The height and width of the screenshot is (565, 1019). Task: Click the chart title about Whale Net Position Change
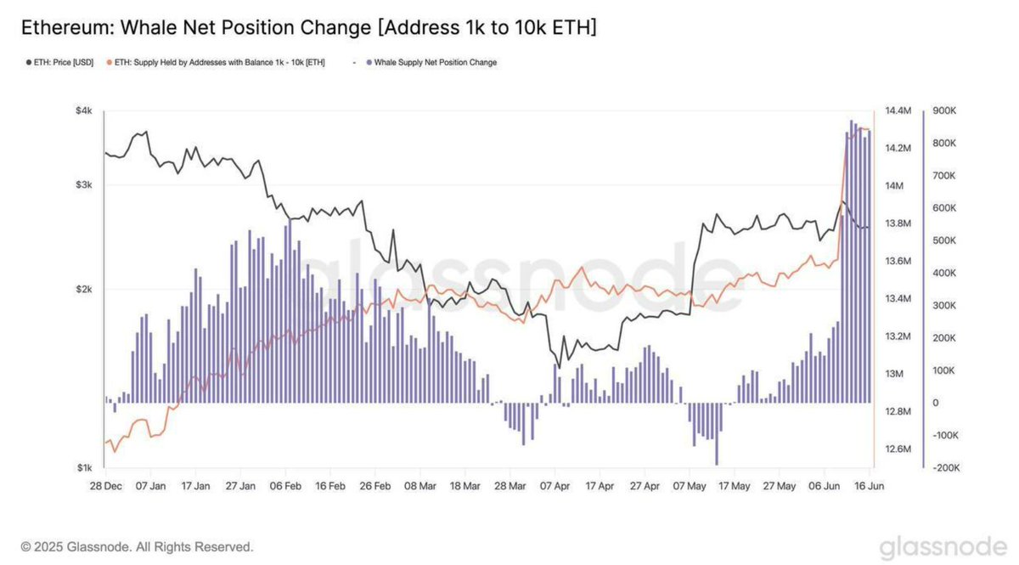[x=307, y=27]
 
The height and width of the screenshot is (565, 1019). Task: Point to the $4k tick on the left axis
[x=84, y=111]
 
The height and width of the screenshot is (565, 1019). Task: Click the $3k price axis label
[x=84, y=185]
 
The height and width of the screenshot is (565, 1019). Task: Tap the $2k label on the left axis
[x=84, y=290]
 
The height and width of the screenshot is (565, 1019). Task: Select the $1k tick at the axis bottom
[x=84, y=468]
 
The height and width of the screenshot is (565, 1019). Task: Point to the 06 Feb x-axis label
[x=285, y=487]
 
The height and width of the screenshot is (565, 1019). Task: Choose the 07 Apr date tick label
[x=555, y=487]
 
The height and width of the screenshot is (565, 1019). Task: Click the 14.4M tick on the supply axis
[x=898, y=111]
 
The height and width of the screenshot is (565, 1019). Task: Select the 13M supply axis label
[x=894, y=374]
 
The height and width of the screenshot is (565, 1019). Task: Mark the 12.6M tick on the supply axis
[x=898, y=449]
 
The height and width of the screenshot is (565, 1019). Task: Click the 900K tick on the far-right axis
[x=945, y=111]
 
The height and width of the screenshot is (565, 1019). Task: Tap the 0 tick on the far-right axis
[x=935, y=403]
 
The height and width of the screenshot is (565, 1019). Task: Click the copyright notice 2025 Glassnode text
[x=137, y=546]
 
